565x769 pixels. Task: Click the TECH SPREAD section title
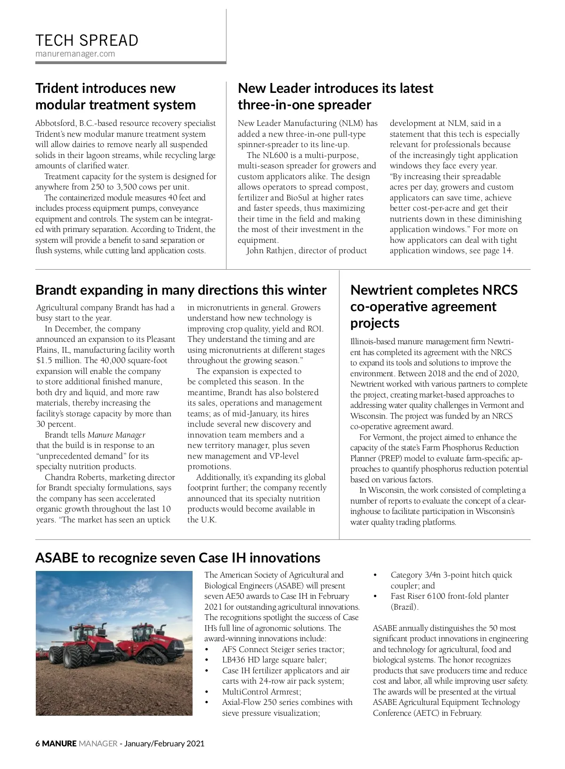(x=87, y=41)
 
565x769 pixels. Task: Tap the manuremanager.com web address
(x=75, y=54)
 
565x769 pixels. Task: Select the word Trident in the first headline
(x=57, y=88)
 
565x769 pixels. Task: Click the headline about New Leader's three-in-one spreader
(x=335, y=96)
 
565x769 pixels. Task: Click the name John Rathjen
(x=270, y=251)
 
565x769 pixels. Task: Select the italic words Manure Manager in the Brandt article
(x=116, y=435)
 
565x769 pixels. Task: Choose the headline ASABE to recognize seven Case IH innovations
(x=178, y=558)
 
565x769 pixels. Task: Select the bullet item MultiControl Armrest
(x=261, y=692)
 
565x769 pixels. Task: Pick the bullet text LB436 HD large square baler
(x=274, y=660)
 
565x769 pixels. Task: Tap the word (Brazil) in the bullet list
(x=404, y=607)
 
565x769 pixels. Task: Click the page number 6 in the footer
(x=38, y=744)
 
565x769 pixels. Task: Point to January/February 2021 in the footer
(x=164, y=744)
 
